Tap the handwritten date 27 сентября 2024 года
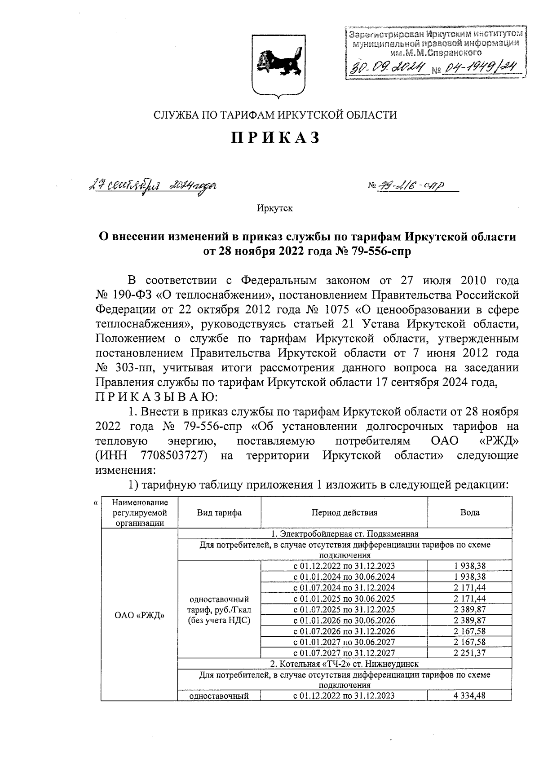[152, 186]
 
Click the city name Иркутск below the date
[275, 208]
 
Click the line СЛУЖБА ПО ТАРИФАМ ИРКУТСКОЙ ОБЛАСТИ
[275, 115]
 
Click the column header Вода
[469, 512]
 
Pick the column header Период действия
[344, 512]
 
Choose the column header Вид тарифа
[219, 512]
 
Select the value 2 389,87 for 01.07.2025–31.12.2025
[469, 609]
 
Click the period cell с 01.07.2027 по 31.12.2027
[344, 653]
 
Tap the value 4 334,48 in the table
[469, 696]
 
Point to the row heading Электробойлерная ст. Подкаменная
[344, 534]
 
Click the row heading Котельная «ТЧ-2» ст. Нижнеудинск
[344, 664]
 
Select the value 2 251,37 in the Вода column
[469, 653]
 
